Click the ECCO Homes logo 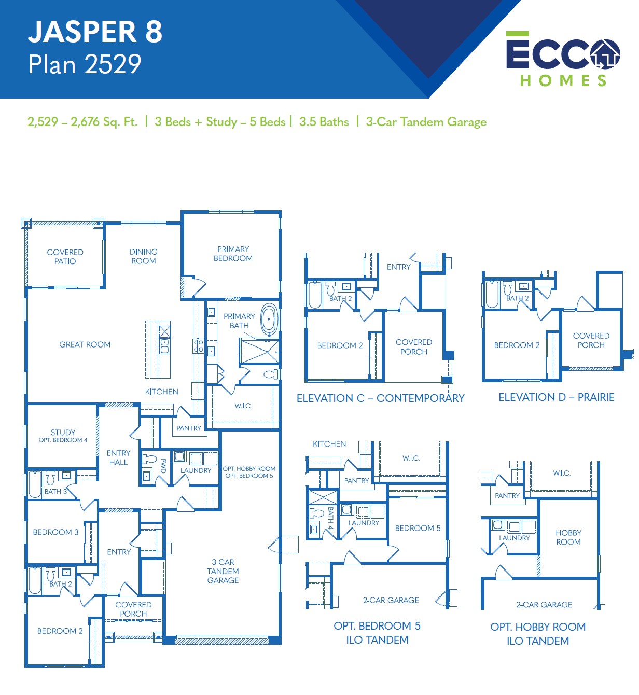point(563,59)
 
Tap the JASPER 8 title point(95,32)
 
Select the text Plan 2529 point(85,64)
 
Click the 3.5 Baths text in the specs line point(324,122)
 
